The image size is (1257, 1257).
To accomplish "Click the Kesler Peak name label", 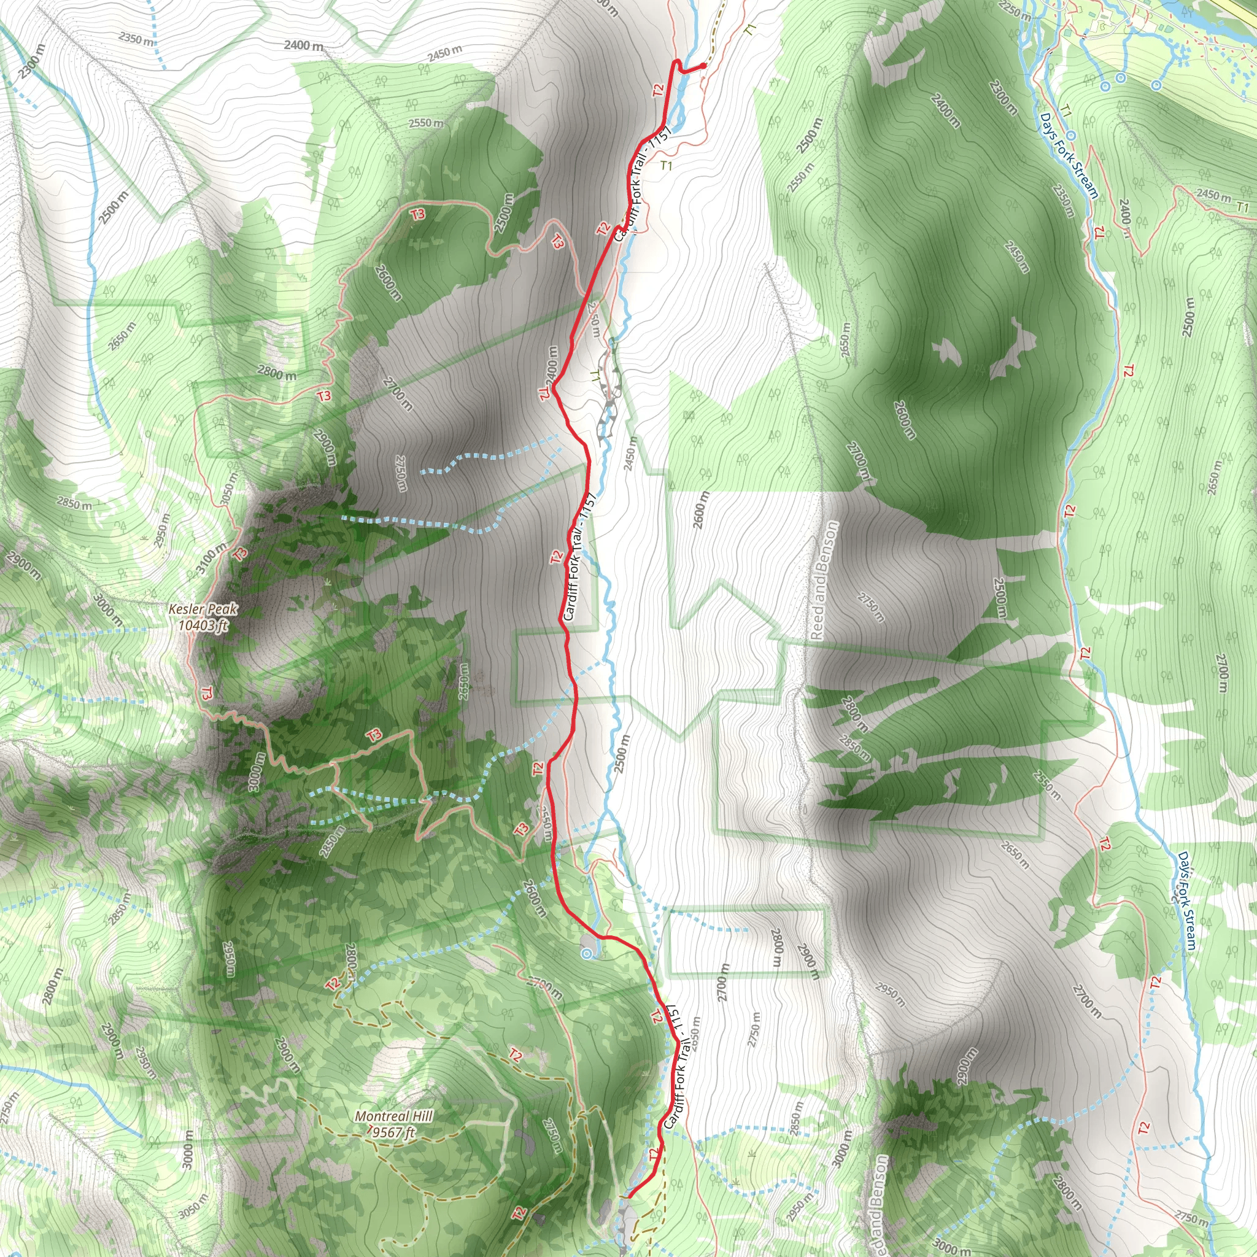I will tap(203, 609).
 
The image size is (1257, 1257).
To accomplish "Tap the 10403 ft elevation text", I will tap(204, 625).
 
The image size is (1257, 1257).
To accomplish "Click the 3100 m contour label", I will tap(212, 559).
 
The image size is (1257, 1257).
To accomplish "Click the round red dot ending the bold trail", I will tap(704, 66).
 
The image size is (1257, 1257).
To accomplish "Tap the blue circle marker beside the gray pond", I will tap(587, 954).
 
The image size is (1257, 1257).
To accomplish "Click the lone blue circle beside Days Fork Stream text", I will tap(1070, 135).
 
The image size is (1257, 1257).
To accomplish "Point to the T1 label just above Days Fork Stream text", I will tap(1066, 111).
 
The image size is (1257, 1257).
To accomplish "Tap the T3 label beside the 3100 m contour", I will tap(241, 554).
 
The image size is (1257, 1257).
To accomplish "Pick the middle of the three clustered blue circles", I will tap(1120, 78).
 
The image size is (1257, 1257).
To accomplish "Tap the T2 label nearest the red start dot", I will tap(659, 90).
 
